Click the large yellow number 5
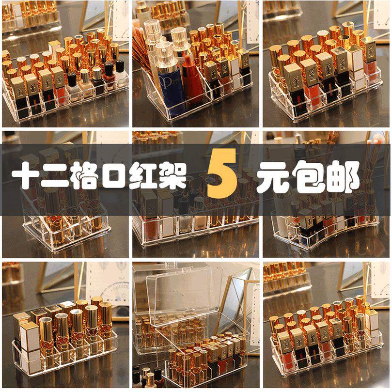(x=222, y=178)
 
